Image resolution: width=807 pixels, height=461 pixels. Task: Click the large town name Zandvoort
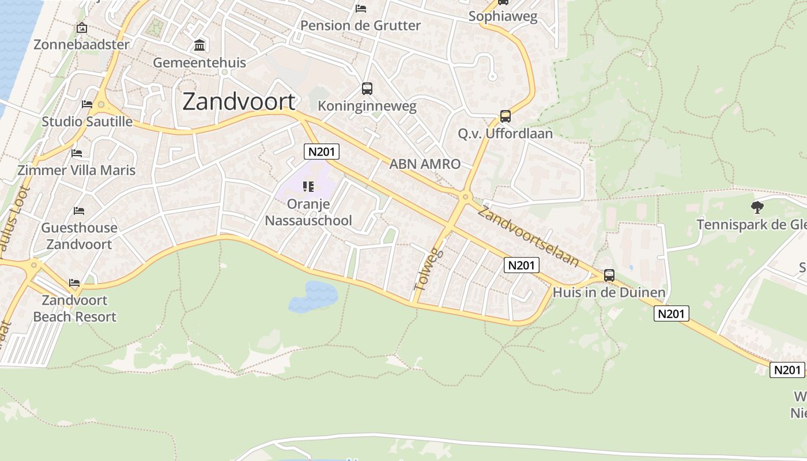point(239,101)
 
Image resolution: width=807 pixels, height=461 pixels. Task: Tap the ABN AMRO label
point(425,164)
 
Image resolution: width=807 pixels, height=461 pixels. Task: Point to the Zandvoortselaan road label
point(527,237)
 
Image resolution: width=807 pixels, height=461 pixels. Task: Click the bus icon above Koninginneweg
point(367,89)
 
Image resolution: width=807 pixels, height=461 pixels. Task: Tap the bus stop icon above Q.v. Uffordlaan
point(506,116)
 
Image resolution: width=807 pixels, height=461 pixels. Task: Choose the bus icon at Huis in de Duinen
point(609,275)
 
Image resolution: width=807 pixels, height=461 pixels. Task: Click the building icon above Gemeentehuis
point(199,45)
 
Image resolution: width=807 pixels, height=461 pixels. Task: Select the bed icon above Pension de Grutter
point(361,9)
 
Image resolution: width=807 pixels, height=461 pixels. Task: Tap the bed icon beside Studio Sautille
point(87,104)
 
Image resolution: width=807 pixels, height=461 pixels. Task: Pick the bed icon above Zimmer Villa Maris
point(77,153)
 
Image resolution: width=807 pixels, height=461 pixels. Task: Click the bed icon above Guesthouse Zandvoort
point(79,211)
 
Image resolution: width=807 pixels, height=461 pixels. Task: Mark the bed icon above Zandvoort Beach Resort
point(74,283)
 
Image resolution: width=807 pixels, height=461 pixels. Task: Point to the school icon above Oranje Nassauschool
point(308,186)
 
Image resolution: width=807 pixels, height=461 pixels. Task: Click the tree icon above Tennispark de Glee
point(757,207)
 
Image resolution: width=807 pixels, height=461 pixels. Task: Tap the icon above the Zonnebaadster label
point(82,28)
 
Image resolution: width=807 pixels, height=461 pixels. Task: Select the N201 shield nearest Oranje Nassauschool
point(321,152)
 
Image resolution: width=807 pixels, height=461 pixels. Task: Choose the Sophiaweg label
point(503,16)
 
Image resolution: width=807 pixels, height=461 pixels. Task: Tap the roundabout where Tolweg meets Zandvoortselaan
point(465,197)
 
